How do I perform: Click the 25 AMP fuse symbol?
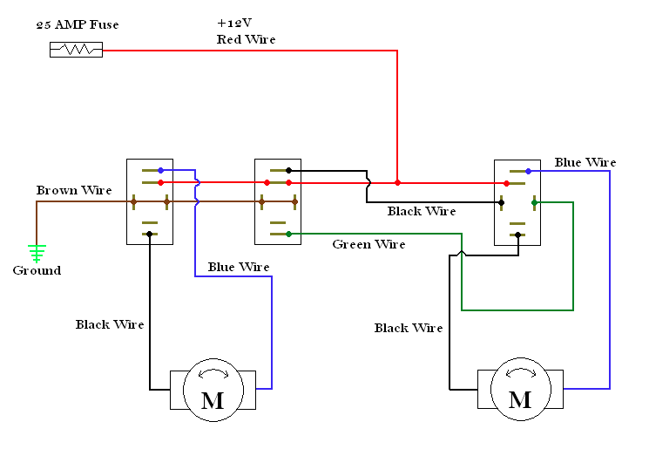pos(76,50)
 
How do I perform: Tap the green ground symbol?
pos(37,254)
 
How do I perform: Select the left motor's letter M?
pos(213,400)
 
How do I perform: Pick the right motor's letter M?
pos(520,399)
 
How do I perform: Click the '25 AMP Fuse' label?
pos(78,25)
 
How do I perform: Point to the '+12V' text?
pos(234,23)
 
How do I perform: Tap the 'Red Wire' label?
pos(247,39)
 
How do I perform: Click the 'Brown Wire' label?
pos(74,190)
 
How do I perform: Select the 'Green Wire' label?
pos(368,244)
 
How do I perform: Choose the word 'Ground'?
pos(37,270)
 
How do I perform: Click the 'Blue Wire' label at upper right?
pos(585,162)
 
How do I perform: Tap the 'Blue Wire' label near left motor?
pos(239,267)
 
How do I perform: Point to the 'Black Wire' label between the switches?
pos(422,211)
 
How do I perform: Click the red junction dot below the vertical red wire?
pos(397,183)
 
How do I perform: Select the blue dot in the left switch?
pos(160,170)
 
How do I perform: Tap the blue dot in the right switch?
pos(528,171)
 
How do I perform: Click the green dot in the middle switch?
pos(289,234)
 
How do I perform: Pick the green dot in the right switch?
pos(534,202)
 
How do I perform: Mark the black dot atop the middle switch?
pos(289,170)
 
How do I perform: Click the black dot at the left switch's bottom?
pos(150,234)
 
